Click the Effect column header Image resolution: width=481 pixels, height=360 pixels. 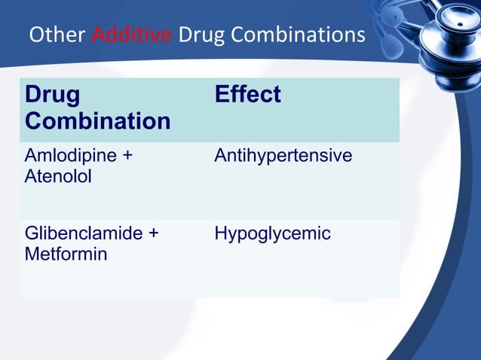point(247,95)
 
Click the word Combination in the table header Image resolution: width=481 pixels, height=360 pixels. point(97,121)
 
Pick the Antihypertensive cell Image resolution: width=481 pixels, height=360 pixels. point(283,156)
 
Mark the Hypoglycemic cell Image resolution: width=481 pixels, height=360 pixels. point(272,234)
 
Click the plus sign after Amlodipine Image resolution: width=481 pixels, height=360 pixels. point(127,157)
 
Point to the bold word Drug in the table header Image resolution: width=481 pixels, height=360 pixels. point(51,95)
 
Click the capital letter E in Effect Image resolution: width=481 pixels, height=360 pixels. point(222,95)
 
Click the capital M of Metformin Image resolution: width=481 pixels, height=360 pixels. point(32,254)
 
